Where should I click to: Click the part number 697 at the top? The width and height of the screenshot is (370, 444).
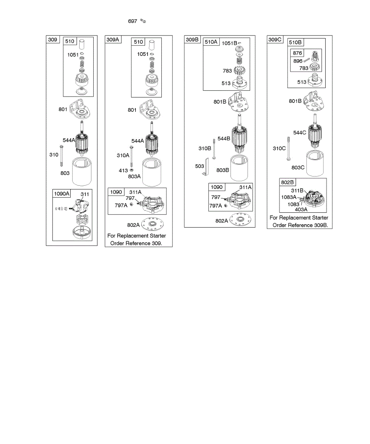tap(132, 21)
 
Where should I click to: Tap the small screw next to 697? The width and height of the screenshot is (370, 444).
tap(144, 21)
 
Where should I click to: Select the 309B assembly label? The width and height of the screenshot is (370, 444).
tap(192, 40)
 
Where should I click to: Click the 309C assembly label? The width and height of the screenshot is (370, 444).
tap(275, 40)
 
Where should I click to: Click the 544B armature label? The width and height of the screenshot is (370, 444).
tap(224, 138)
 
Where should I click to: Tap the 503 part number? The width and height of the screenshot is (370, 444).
tap(199, 167)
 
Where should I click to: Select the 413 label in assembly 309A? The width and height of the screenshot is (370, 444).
tap(123, 170)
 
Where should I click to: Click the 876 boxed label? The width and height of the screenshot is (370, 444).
tap(297, 53)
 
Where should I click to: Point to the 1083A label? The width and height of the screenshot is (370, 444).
tap(289, 197)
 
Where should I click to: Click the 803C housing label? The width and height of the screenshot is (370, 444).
tap(298, 167)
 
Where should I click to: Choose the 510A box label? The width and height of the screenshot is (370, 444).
tap(211, 42)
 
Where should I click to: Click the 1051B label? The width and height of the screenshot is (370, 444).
tap(229, 43)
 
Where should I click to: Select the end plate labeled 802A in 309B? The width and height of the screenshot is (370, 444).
tap(242, 221)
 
